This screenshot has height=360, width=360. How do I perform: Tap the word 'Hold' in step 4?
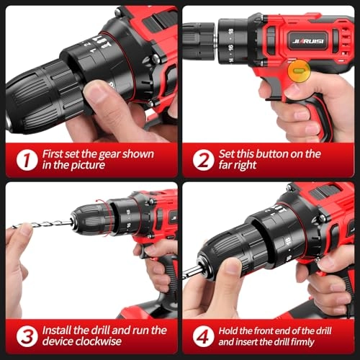[x=231, y=330]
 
